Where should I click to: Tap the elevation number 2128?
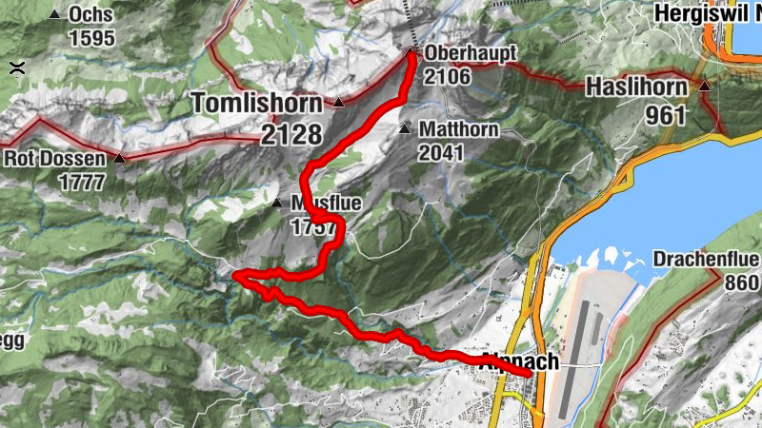(291, 133)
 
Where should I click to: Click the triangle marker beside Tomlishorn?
(338, 102)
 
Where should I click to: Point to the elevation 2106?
(448, 75)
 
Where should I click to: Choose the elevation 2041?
(440, 152)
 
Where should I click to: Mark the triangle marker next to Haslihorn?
(705, 87)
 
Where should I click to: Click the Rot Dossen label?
(57, 158)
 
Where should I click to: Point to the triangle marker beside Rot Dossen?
(119, 158)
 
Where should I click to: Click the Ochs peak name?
(91, 16)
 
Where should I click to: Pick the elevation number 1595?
(91, 39)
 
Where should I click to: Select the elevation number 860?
(742, 283)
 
